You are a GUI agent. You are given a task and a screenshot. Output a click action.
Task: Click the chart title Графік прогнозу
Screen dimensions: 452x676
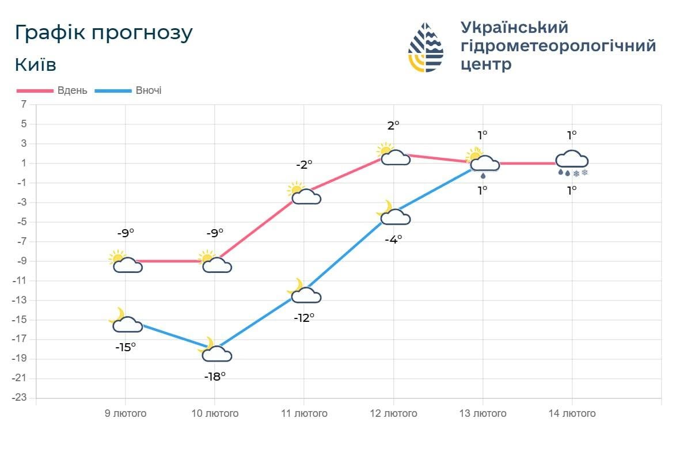click(104, 33)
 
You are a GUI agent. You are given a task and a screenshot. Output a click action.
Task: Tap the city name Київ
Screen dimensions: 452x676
click(35, 64)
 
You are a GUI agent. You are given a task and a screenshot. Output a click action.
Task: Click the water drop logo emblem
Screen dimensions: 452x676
click(426, 47)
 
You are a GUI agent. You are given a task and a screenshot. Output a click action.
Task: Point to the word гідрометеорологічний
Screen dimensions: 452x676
click(558, 45)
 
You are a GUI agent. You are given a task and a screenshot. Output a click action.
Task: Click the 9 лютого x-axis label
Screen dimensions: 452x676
click(126, 413)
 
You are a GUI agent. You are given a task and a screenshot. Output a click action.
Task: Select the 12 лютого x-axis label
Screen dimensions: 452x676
click(393, 413)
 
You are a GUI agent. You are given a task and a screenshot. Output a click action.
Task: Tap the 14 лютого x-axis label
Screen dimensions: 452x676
click(572, 413)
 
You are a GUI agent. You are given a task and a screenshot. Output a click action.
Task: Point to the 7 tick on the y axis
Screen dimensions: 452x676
click(24, 104)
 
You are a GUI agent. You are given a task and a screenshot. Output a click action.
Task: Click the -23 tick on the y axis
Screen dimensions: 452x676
click(20, 398)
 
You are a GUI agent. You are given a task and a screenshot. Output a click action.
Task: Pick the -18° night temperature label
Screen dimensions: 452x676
click(215, 377)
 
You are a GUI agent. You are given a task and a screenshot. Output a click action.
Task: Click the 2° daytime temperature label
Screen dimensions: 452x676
click(393, 125)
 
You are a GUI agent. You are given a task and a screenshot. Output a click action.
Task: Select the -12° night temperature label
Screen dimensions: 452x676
click(304, 317)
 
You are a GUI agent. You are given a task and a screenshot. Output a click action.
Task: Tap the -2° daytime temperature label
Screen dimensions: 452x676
click(304, 164)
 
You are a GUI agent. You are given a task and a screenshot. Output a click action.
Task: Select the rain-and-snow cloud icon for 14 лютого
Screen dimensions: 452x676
click(572, 162)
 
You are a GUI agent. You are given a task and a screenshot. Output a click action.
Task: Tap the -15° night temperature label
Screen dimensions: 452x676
click(126, 347)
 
